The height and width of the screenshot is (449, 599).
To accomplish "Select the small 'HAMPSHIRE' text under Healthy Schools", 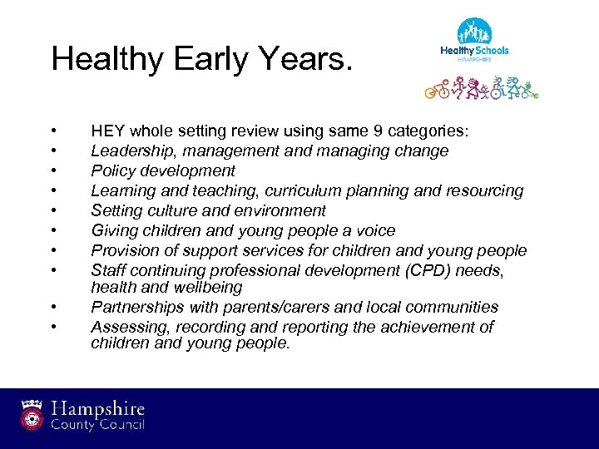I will coord(474,60).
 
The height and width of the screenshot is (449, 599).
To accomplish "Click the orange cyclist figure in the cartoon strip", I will coord(438,87).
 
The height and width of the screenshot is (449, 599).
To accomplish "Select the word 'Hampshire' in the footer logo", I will coord(98,408).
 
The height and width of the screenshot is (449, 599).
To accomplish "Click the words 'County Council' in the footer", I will coord(98,425).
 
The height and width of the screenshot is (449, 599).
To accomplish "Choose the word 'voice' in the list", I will coord(374,230).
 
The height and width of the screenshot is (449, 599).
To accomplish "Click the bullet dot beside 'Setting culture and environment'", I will coord(53,211).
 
